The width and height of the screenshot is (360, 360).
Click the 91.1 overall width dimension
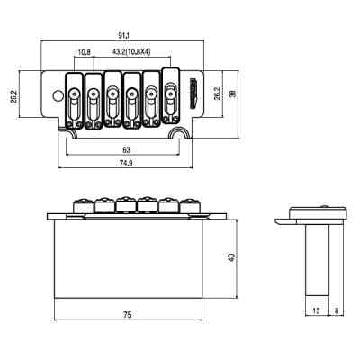click(123, 36)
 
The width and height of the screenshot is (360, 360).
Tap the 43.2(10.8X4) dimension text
click(131, 52)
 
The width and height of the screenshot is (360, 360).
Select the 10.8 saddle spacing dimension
click(84, 52)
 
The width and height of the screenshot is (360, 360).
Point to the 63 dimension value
click(127, 149)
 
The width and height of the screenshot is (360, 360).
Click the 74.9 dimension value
click(126, 163)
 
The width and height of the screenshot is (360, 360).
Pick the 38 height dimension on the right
click(232, 94)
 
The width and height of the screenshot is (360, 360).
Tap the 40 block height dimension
click(231, 257)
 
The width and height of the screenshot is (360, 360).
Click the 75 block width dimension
click(128, 315)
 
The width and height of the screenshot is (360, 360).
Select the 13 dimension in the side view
click(316, 310)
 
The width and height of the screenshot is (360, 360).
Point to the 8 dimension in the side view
click(337, 310)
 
